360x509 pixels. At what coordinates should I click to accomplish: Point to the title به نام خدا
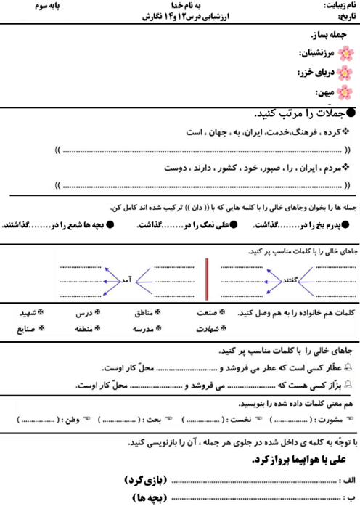[180, 6]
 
